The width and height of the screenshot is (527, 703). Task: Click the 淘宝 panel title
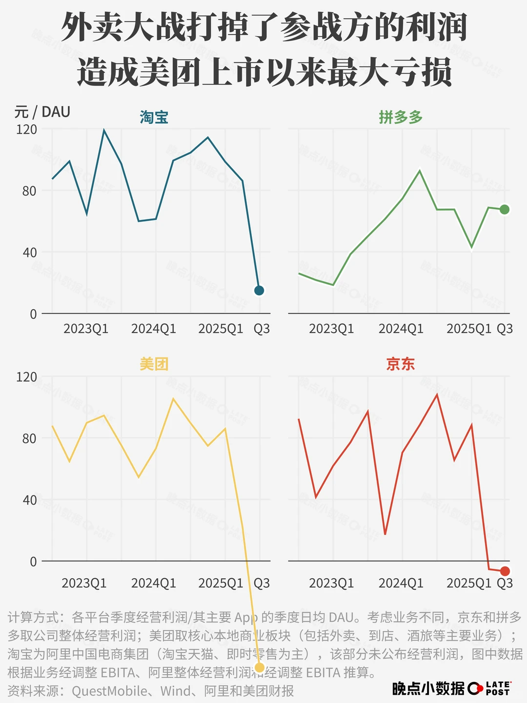click(x=154, y=118)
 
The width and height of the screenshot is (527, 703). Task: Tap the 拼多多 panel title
click(x=401, y=118)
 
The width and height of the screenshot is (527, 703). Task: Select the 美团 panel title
click(x=154, y=364)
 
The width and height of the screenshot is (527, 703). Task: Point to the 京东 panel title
click(x=401, y=364)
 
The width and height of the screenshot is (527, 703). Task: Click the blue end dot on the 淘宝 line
click(x=259, y=291)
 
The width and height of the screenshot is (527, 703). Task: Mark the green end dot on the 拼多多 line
click(x=505, y=209)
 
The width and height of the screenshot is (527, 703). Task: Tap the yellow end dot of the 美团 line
click(x=260, y=667)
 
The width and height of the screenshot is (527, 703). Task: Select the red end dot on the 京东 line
click(x=505, y=571)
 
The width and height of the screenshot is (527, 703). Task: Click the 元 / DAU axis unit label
click(x=42, y=112)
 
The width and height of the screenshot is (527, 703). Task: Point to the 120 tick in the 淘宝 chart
click(x=26, y=129)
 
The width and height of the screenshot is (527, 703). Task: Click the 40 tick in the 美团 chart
click(x=29, y=500)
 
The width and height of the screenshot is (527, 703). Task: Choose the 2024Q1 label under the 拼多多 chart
click(x=401, y=329)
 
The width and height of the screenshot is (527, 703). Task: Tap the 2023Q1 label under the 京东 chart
click(x=331, y=583)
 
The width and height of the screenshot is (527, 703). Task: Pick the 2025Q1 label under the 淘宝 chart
click(x=221, y=329)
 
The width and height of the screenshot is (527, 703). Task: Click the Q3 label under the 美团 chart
click(x=262, y=583)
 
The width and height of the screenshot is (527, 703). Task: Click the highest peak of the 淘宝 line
click(x=104, y=130)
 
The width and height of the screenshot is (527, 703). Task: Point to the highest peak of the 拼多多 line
click(x=420, y=170)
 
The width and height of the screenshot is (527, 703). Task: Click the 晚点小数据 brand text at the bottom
click(x=428, y=688)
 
